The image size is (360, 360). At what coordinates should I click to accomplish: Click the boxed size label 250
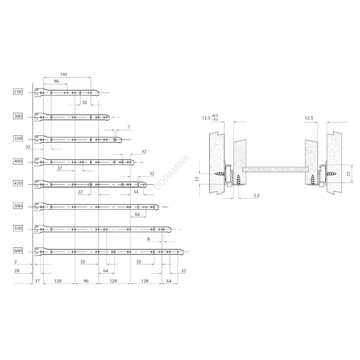pos(18,92)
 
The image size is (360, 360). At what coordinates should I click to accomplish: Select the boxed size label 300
pos(18,116)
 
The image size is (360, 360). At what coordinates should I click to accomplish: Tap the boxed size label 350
pos(18,139)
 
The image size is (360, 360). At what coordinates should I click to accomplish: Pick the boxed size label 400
pos(18,161)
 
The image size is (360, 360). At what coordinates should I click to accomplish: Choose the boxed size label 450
pos(18,184)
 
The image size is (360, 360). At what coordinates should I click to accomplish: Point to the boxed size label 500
pos(18,206)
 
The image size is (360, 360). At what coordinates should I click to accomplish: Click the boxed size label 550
pos(18,228)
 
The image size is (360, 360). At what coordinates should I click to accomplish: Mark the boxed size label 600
pos(18,251)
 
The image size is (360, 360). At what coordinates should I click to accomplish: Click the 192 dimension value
pos(64,75)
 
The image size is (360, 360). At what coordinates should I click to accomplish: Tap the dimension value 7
pos(129,127)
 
